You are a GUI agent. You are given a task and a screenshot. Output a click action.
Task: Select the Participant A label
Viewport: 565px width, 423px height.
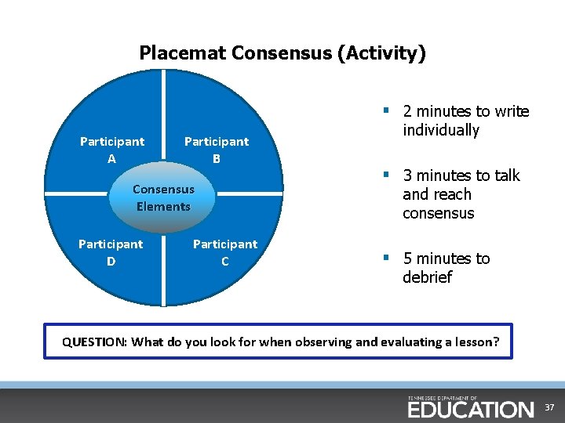point(112,150)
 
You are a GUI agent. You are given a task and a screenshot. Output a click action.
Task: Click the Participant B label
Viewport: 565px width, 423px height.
point(217,150)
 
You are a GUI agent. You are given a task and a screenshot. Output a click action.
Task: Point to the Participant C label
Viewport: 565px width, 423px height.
point(225,252)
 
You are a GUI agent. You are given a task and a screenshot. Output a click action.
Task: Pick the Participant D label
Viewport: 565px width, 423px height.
point(111,252)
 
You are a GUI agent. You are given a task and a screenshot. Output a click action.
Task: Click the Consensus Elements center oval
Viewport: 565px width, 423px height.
point(163,197)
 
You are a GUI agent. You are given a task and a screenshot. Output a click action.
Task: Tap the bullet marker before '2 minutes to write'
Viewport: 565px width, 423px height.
point(388,110)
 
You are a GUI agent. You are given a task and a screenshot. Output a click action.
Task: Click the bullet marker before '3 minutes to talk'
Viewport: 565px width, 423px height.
point(388,174)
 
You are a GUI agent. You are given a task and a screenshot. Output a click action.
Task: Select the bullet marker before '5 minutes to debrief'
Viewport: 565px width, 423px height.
point(388,257)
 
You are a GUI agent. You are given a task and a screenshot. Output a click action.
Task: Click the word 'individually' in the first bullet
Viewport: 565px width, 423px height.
point(440,131)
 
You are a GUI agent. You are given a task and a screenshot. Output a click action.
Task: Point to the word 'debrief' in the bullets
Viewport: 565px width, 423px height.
point(427,278)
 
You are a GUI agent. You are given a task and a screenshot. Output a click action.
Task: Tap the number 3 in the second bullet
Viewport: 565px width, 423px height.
point(407,175)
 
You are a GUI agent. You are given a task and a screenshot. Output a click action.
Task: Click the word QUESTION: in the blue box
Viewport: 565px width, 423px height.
point(95,342)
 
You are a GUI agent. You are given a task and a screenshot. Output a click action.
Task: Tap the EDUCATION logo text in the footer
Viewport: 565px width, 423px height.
point(470,409)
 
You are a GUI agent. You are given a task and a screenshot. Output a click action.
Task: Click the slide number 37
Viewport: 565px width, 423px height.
point(550,408)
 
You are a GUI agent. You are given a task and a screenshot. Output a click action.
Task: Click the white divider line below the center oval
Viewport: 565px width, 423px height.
point(163,270)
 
